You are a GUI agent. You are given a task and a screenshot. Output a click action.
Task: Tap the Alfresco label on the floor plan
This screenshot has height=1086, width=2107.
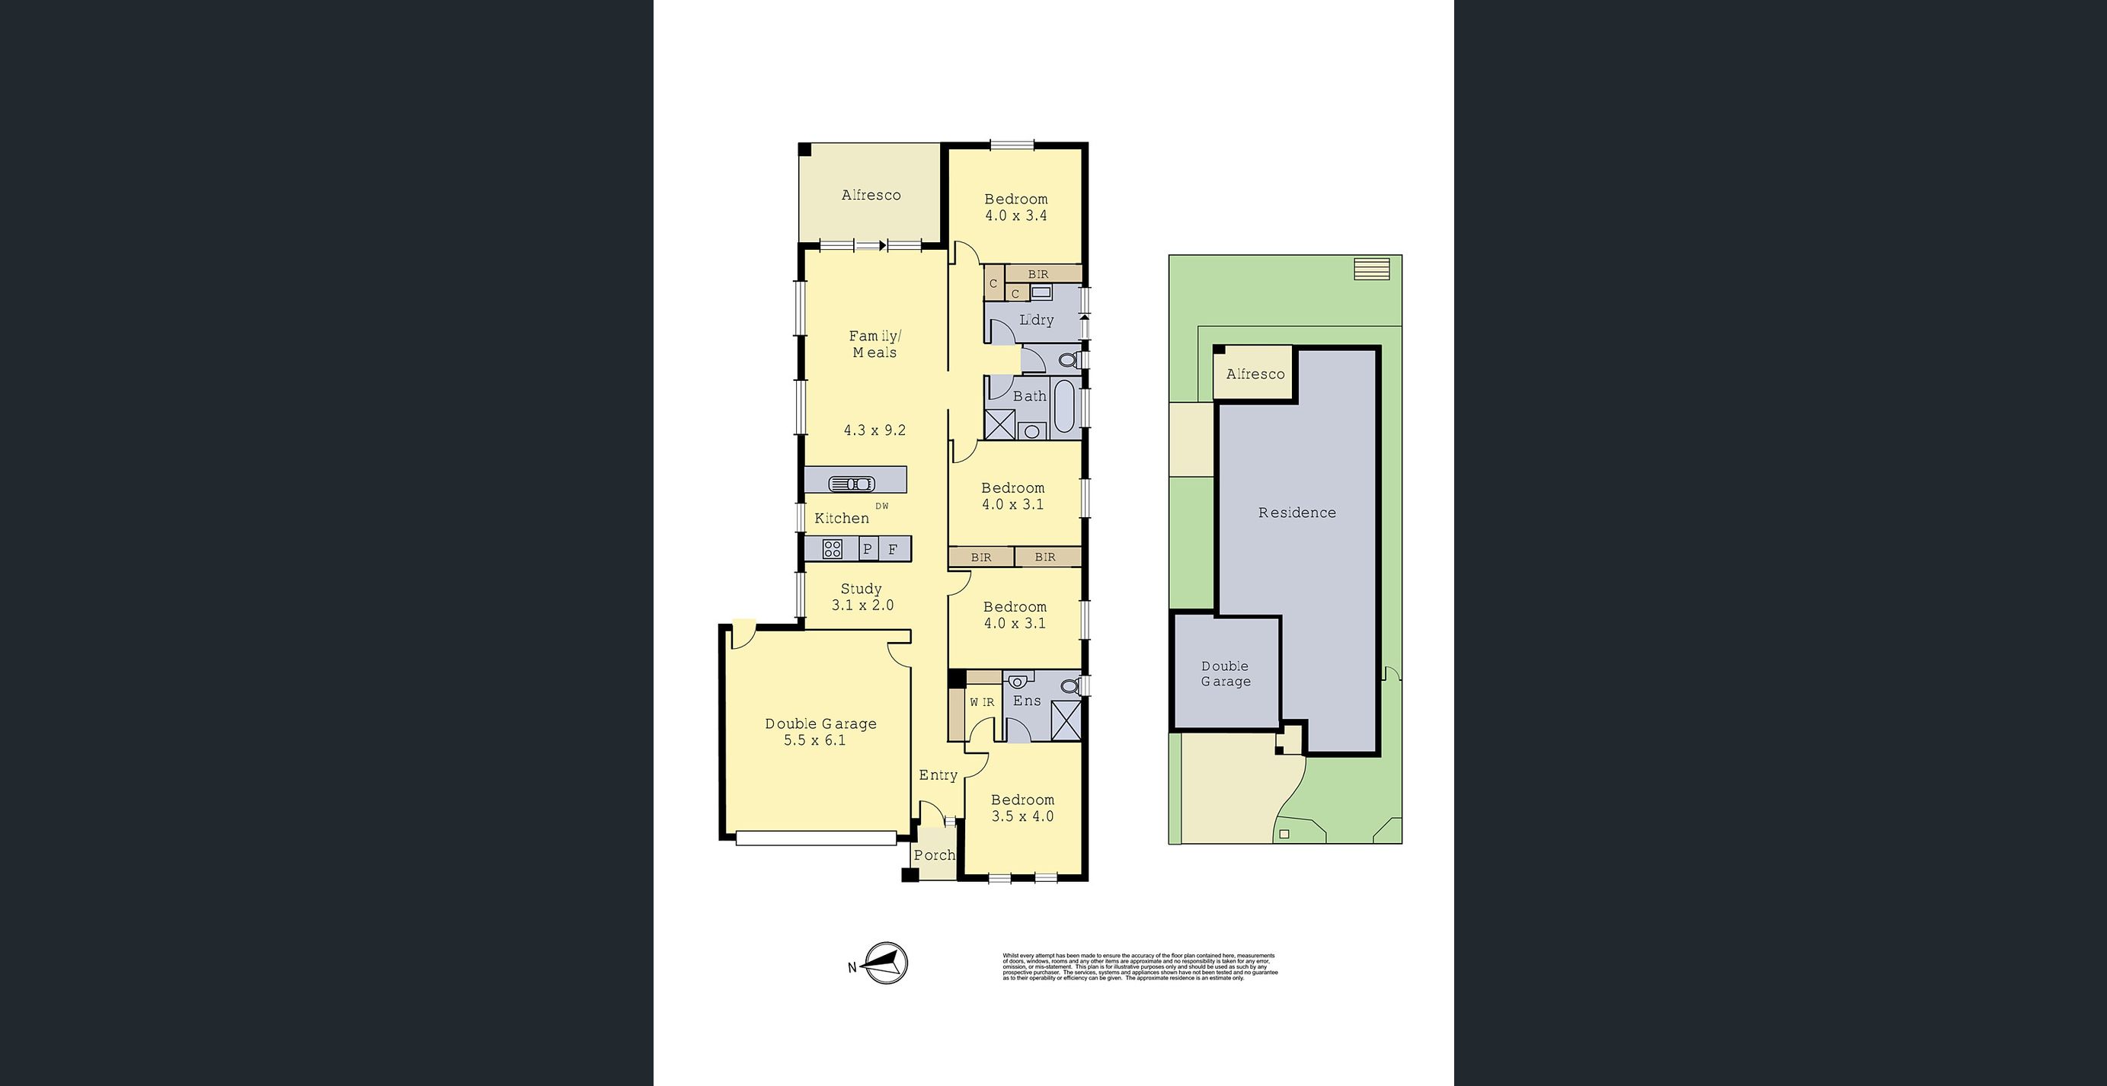871,196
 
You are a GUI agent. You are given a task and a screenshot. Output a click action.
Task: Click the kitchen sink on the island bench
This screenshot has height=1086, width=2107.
852,484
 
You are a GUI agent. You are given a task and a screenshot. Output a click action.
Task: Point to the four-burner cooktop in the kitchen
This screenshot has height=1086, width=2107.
832,549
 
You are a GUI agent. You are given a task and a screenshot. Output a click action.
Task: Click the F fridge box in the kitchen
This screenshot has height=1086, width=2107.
894,550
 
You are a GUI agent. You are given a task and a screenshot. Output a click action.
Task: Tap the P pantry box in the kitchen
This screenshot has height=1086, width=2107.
868,550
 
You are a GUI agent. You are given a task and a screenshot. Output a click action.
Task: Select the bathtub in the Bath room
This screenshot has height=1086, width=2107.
1063,407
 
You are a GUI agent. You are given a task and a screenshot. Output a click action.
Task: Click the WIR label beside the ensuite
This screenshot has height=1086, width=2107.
983,702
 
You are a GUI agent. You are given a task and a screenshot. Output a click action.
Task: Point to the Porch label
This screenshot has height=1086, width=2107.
934,855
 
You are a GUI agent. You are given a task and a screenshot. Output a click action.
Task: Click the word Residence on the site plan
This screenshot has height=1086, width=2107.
1297,513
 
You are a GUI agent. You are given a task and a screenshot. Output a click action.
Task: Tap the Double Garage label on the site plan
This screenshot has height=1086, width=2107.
1225,674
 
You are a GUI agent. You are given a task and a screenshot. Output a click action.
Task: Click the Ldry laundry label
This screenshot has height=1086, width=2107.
1036,321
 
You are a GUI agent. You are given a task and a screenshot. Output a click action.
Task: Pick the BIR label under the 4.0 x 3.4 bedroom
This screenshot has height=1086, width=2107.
1038,275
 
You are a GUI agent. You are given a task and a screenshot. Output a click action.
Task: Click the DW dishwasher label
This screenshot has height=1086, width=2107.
882,506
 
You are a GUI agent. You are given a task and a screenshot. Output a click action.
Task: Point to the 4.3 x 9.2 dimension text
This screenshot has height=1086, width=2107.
874,430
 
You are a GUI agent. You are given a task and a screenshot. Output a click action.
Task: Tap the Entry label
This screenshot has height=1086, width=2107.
938,775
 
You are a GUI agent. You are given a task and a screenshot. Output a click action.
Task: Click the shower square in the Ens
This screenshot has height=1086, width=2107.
1066,721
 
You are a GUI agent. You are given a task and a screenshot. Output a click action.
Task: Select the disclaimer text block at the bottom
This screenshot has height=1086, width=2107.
1140,966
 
